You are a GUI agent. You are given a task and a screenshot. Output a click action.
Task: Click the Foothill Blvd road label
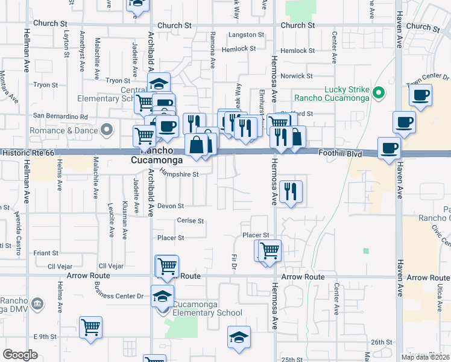pos(341,154)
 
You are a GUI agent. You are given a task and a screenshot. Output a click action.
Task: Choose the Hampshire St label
pos(179,174)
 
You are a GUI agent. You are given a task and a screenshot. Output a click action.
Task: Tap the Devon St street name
pos(170,206)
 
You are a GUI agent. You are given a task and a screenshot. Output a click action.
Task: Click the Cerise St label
pos(191,221)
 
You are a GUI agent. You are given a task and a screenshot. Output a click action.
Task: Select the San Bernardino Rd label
pos(60,116)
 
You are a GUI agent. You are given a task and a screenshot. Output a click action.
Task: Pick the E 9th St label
pos(45,336)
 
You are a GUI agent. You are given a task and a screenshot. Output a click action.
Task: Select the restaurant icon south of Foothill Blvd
pos(291,191)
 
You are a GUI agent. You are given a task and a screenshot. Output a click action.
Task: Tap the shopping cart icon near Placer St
pos(270,249)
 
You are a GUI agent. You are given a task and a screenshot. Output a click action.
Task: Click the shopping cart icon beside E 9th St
pos(90,328)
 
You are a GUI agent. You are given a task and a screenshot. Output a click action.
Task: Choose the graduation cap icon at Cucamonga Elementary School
pos(162,296)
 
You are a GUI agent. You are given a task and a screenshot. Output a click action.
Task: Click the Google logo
pos(20,355)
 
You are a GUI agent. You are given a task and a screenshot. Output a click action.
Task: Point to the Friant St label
pos(46,253)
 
